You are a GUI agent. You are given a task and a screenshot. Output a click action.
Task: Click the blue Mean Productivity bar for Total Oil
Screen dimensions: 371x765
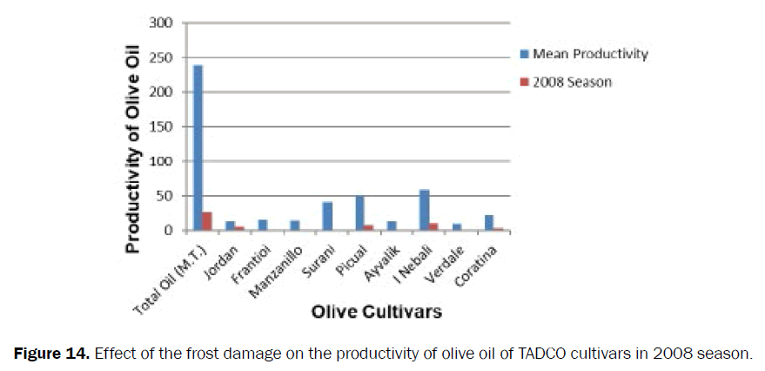tap(198, 148)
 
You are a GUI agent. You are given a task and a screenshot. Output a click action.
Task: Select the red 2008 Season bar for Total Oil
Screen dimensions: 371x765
tap(206, 221)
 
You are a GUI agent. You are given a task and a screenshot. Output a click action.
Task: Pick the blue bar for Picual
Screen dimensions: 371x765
tap(359, 213)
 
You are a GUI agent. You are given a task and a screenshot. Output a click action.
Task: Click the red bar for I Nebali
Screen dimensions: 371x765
tap(433, 227)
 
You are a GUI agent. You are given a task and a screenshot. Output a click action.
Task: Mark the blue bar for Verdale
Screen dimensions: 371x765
tap(456, 227)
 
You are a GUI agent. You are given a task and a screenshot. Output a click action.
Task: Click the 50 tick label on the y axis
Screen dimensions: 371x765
tap(165, 197)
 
